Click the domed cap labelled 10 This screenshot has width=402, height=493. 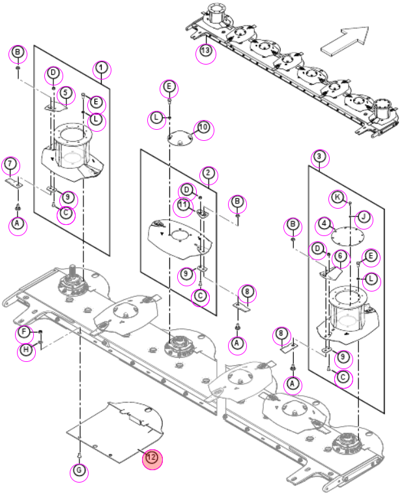click(180, 138)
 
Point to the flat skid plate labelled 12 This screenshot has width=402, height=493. click(115, 432)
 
